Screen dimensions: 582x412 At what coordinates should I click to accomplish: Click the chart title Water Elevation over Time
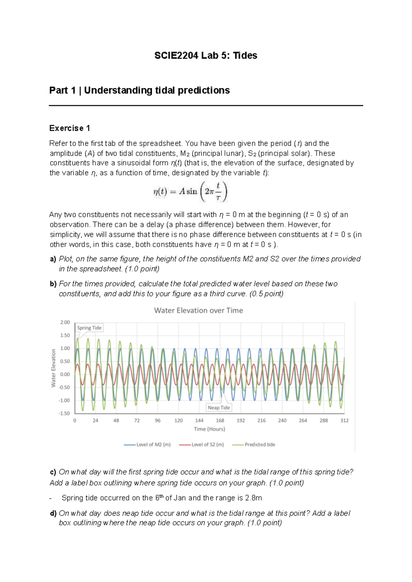[198, 311]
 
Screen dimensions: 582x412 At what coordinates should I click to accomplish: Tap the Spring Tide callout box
[89, 328]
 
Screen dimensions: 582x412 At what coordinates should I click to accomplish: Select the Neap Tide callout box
[219, 408]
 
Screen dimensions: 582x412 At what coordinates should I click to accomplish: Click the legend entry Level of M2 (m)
[147, 444]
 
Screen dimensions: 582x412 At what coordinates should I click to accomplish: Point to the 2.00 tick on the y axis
[65, 322]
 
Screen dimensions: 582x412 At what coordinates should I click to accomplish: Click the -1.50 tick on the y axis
[64, 414]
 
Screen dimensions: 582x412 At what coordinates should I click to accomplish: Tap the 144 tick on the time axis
[199, 420]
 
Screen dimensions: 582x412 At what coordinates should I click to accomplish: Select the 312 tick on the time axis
[344, 420]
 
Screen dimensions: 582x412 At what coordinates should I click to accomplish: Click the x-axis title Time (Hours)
[209, 429]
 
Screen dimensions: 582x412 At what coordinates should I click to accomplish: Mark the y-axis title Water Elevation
[53, 368]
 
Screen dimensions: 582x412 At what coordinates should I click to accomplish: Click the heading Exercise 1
[70, 128]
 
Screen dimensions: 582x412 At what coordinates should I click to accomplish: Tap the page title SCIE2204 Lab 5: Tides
[206, 56]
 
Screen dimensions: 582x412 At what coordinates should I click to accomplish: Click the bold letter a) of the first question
[53, 259]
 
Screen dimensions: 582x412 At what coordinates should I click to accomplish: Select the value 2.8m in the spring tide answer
[254, 498]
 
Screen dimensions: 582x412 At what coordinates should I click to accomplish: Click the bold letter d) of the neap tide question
[53, 513]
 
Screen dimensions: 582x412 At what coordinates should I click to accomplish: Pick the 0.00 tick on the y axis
[65, 374]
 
